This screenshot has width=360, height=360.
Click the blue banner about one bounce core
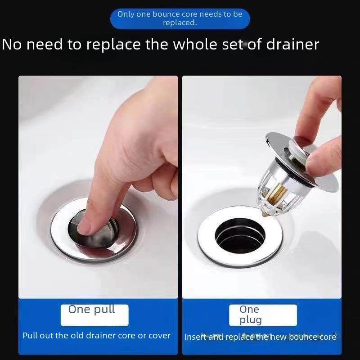(x=180, y=18)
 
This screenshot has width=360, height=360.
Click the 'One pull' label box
(x=94, y=315)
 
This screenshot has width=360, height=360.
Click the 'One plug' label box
(x=263, y=315)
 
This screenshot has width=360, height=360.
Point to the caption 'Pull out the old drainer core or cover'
(x=96, y=336)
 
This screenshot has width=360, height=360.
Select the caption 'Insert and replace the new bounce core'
(x=260, y=337)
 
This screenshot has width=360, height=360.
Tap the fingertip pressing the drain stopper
(x=88, y=225)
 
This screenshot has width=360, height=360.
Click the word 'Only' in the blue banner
(x=126, y=14)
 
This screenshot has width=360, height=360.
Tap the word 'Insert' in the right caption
(x=196, y=337)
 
